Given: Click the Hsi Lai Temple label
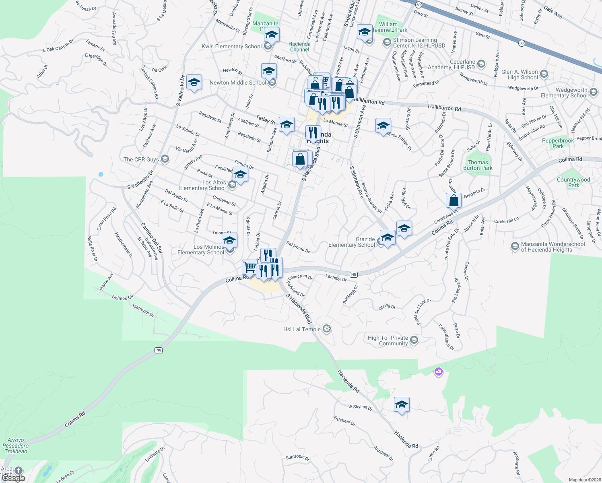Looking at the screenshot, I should (x=302, y=329).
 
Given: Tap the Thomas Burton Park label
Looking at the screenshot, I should (x=478, y=165).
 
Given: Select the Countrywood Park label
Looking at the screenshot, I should (x=573, y=182).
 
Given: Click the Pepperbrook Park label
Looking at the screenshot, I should (x=558, y=143).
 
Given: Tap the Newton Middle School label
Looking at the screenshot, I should (x=238, y=83).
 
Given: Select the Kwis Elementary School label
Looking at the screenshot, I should (x=232, y=46).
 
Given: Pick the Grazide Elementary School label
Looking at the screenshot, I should (x=352, y=242).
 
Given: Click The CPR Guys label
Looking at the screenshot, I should (x=141, y=159).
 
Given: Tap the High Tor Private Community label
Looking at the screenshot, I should (x=388, y=341).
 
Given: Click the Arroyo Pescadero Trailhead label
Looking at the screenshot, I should (x=16, y=446).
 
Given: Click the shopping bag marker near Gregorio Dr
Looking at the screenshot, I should (x=454, y=200).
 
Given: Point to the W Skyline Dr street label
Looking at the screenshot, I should (x=360, y=407).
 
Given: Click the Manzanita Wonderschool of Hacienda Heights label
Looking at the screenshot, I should (x=553, y=247).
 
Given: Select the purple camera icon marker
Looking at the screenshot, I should (x=439, y=372).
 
